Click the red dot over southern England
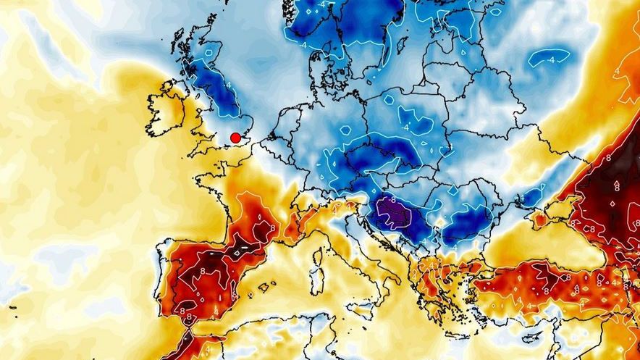pyautogui.click(x=235, y=138)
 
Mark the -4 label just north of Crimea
pyautogui.click(x=522, y=196)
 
